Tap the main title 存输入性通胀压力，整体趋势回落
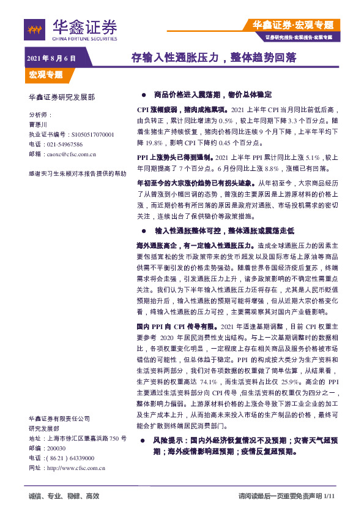click(214, 58)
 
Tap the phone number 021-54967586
click(62, 143)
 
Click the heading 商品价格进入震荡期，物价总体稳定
click(212, 96)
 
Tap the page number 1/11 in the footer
click(330, 496)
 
